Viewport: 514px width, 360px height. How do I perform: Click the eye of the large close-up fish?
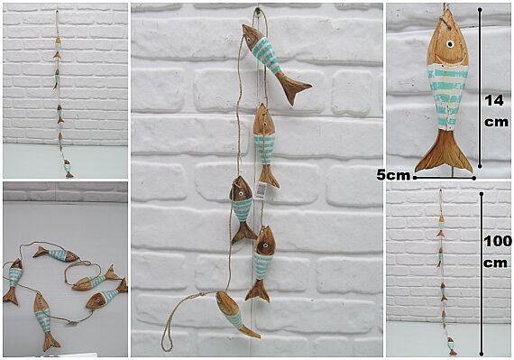[450, 44]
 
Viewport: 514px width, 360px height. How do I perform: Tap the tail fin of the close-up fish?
[445, 152]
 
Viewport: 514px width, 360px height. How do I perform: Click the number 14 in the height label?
[494, 101]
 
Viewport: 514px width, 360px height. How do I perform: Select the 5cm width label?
[393, 175]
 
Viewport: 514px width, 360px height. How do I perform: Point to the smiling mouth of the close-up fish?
[448, 60]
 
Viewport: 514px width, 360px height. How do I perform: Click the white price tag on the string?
[261, 190]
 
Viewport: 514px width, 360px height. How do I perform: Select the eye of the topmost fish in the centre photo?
[249, 41]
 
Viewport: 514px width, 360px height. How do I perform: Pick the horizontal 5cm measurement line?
[445, 178]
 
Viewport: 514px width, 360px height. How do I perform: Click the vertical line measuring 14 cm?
[480, 88]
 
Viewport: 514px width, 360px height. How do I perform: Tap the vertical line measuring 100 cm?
[482, 274]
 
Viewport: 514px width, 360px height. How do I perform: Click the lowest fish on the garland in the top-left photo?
[68, 169]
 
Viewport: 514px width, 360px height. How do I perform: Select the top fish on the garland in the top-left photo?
[58, 48]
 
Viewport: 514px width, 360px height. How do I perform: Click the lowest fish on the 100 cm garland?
[452, 346]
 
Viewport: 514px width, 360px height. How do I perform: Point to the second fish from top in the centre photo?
[265, 145]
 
